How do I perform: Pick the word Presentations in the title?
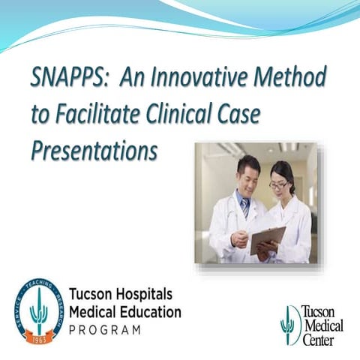pos(94,150)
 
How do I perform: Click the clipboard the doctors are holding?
pos(267,239)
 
